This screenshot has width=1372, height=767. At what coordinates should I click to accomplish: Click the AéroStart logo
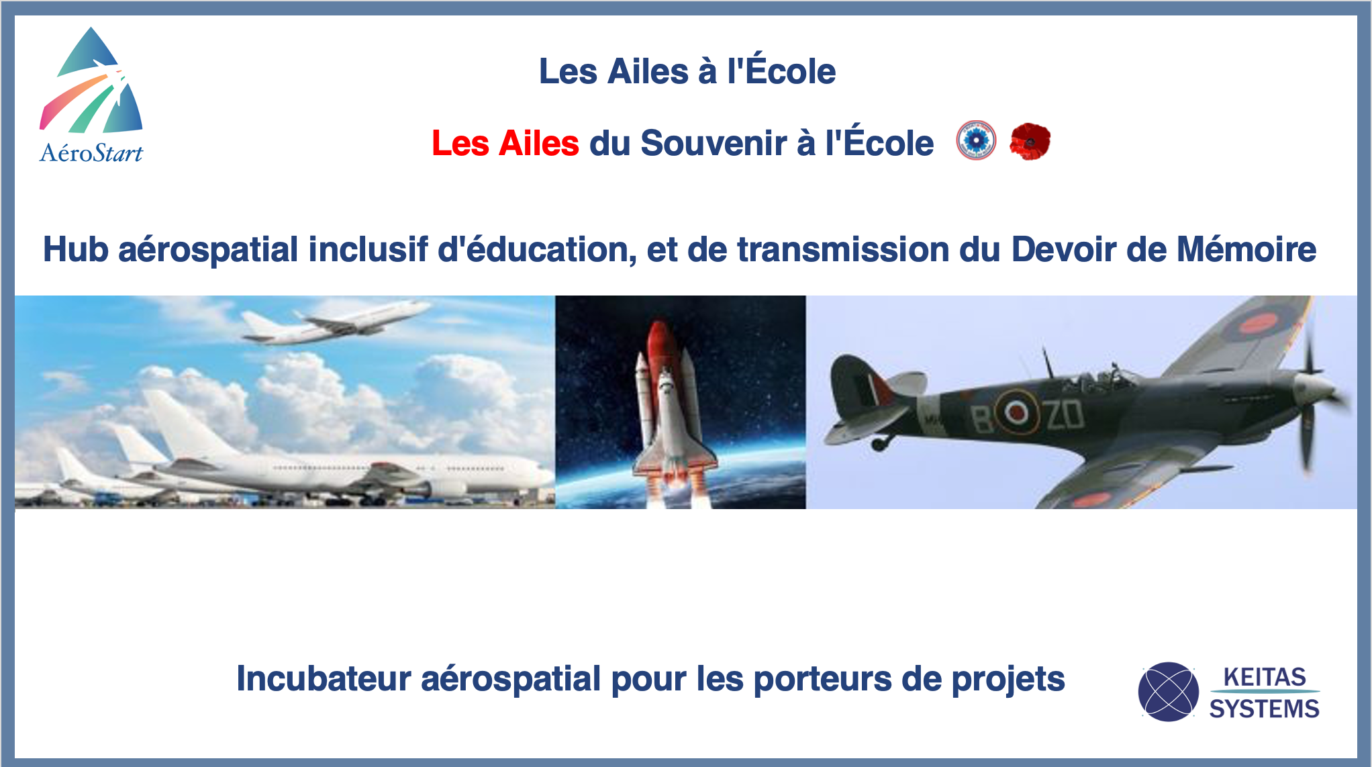point(91,95)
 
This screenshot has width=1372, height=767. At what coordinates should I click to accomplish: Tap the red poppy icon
point(1030,141)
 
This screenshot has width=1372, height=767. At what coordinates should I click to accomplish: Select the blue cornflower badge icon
point(976,140)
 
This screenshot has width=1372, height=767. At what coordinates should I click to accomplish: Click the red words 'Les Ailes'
point(505,143)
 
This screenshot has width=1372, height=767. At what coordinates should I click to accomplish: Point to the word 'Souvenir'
point(714,143)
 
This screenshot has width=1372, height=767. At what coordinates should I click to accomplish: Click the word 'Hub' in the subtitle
point(76,249)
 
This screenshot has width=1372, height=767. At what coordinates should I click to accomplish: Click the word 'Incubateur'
point(324,678)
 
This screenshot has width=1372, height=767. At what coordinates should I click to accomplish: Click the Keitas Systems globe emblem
point(1169,692)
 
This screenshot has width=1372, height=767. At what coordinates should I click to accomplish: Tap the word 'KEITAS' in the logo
point(1265,676)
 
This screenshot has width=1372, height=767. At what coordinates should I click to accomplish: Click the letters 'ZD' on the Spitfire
point(1065,414)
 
